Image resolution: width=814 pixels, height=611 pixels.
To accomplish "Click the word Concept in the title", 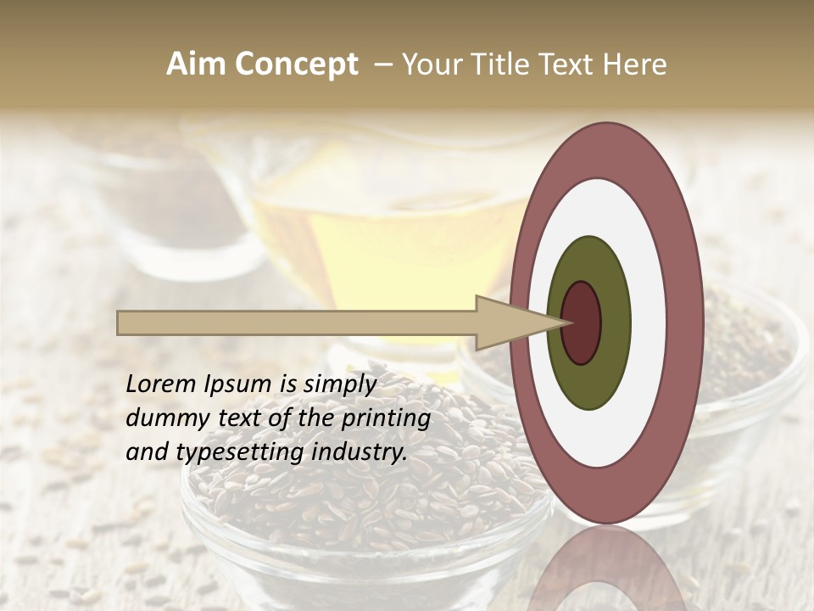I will pyautogui.click(x=296, y=64).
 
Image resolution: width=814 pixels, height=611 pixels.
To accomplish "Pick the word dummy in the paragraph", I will pyautogui.click(x=158, y=418).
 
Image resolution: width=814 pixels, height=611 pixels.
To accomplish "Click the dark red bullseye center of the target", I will pyautogui.click(x=581, y=322).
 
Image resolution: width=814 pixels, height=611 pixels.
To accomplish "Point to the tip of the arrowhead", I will pyautogui.click(x=571, y=322).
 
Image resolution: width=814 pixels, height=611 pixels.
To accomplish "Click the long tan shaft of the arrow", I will pyautogui.click(x=297, y=322).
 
